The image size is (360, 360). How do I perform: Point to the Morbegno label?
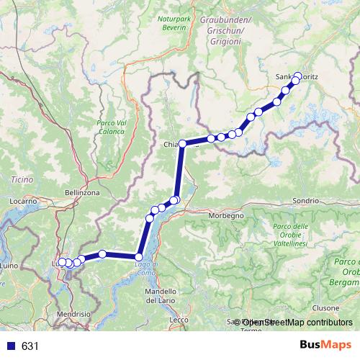pos(226,215)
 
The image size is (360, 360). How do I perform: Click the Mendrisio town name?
pos(76,314)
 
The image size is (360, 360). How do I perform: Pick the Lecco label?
pos(179,319)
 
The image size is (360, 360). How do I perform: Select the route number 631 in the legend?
pos(29,346)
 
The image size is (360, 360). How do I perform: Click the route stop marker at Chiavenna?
pos(182,144)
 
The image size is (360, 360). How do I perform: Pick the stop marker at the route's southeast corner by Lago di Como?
pos(139,256)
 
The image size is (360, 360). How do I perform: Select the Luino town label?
pos(9,266)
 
